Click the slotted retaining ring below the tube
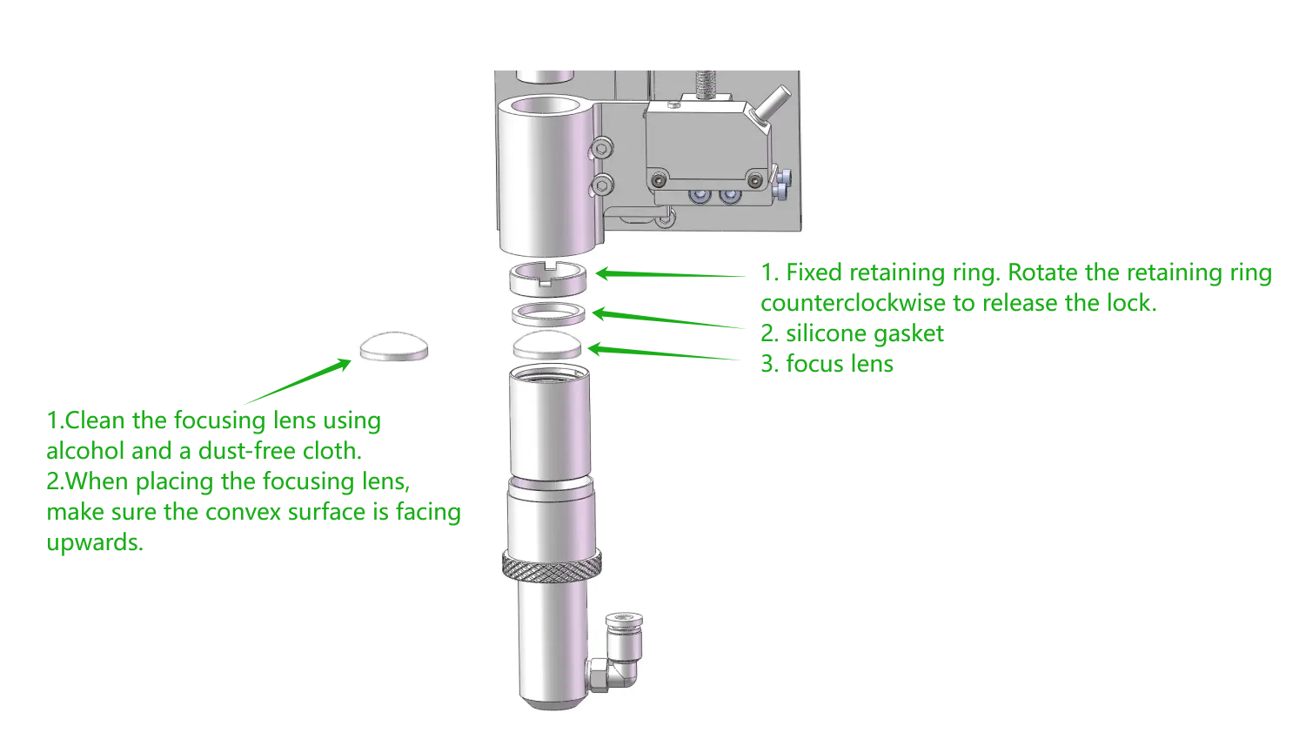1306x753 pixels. point(547,278)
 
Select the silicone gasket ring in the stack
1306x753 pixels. point(548,313)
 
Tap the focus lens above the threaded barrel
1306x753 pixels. point(547,346)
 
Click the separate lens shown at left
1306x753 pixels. point(394,346)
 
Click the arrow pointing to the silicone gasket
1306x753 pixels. point(666,319)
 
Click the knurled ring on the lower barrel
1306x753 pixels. point(552,567)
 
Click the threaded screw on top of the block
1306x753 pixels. point(706,85)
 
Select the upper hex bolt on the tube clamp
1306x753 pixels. point(601,150)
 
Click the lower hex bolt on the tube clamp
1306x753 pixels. point(601,184)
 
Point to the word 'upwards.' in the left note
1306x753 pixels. point(95,542)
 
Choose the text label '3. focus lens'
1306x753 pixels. point(827,364)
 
